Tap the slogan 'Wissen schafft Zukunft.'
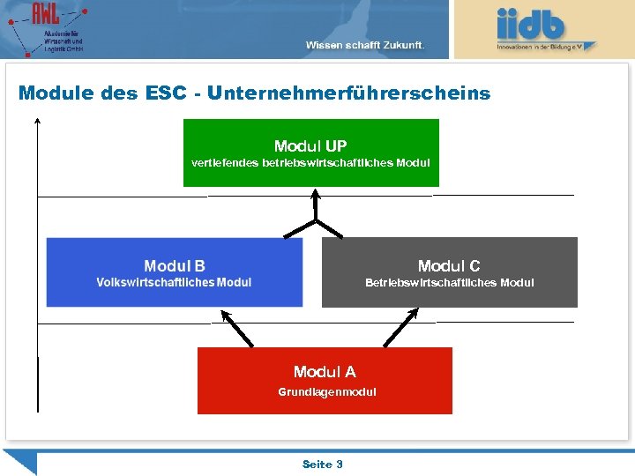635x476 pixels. pos(365,45)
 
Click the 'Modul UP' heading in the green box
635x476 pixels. pos(310,146)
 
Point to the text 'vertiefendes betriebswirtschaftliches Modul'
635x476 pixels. pos(310,163)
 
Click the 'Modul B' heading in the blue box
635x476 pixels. pos(175,266)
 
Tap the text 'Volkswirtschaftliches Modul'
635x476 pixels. pos(174,283)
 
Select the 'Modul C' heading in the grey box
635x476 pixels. pos(449,266)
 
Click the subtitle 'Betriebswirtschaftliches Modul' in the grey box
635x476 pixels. pos(450,283)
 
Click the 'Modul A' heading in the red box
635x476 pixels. pos(325,372)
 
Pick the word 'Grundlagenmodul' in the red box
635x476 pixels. pos(327,392)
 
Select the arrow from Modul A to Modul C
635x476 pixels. pos(400,327)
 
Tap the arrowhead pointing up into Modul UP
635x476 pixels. pos(315,196)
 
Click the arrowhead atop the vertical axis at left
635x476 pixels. pos(38,123)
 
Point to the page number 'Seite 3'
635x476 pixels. pos(323,464)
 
